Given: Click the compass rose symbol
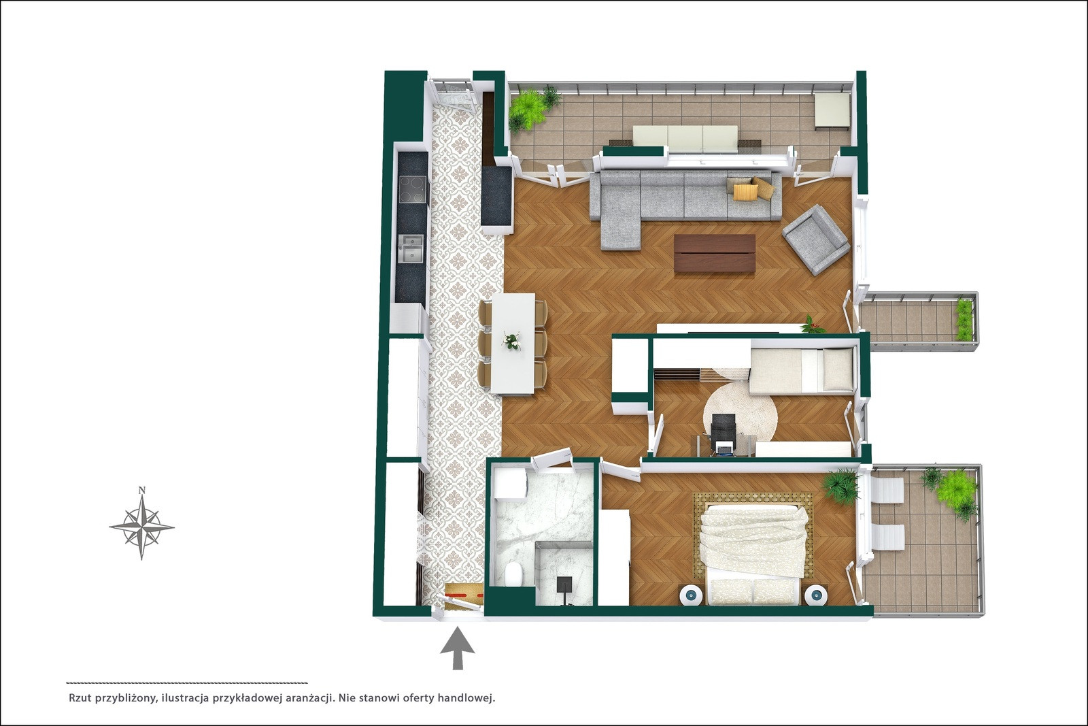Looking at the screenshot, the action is pos(141,527).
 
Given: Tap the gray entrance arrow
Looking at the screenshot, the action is pos(457,648).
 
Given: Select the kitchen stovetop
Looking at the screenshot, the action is pos(412,189).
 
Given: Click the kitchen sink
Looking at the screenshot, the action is pos(411,249).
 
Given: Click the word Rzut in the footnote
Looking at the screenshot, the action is pos(80,698).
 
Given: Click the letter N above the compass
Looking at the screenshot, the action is pos(142,490).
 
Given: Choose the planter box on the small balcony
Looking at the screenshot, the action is pos(964,320).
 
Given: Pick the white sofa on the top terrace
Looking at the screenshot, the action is pos(685,138).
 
